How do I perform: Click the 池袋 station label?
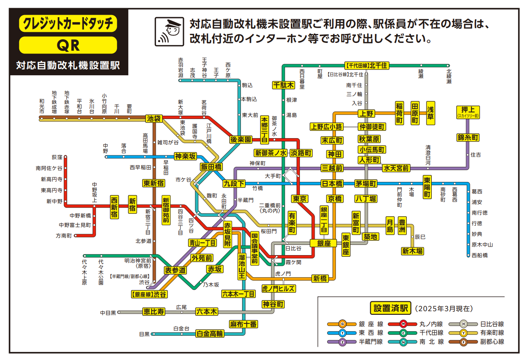coord(154,119)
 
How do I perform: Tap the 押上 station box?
coord(467,111)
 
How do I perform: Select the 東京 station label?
coord(300,199)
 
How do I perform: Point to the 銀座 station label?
coord(323,243)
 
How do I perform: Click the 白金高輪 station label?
coord(210,333)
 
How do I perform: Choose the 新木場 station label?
coord(412,251)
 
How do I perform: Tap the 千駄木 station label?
coord(283,85)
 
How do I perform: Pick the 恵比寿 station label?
coord(154,312)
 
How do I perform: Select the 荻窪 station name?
coord(57,157)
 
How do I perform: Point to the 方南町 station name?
coord(63,236)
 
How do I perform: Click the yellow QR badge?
coord(68,45)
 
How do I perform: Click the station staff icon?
coord(168,31)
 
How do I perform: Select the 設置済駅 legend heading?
coord(390,308)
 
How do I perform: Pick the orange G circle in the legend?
coord(342,324)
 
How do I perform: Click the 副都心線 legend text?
coord(492,342)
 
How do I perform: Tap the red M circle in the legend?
coord(403,324)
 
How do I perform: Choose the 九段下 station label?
coord(234,183)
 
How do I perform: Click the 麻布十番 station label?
coord(243,324)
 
